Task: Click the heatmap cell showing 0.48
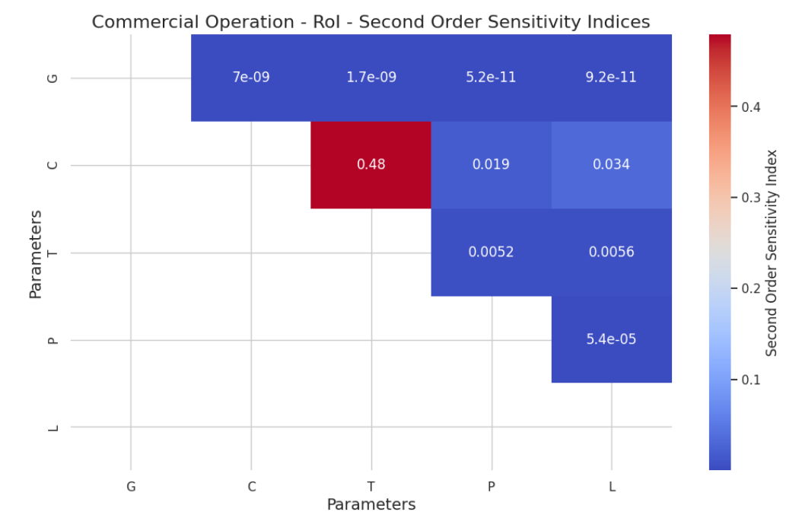click(x=371, y=164)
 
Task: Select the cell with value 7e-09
click(x=251, y=78)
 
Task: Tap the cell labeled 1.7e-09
click(x=371, y=78)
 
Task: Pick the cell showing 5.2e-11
click(x=491, y=78)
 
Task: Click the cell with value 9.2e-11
click(x=612, y=78)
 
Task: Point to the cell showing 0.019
click(x=491, y=164)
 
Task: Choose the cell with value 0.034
click(x=612, y=164)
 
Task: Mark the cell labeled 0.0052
click(x=491, y=252)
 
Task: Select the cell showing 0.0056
click(x=612, y=252)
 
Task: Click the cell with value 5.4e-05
click(x=612, y=339)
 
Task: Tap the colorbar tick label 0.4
click(x=750, y=107)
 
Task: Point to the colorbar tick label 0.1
click(x=750, y=380)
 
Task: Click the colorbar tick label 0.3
click(x=750, y=198)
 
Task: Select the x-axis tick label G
click(x=131, y=486)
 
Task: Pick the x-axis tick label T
click(x=371, y=486)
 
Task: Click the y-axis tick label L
click(x=53, y=428)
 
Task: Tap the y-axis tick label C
click(x=53, y=165)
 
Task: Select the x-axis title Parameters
click(x=371, y=505)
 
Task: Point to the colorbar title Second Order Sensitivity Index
click(x=772, y=253)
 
